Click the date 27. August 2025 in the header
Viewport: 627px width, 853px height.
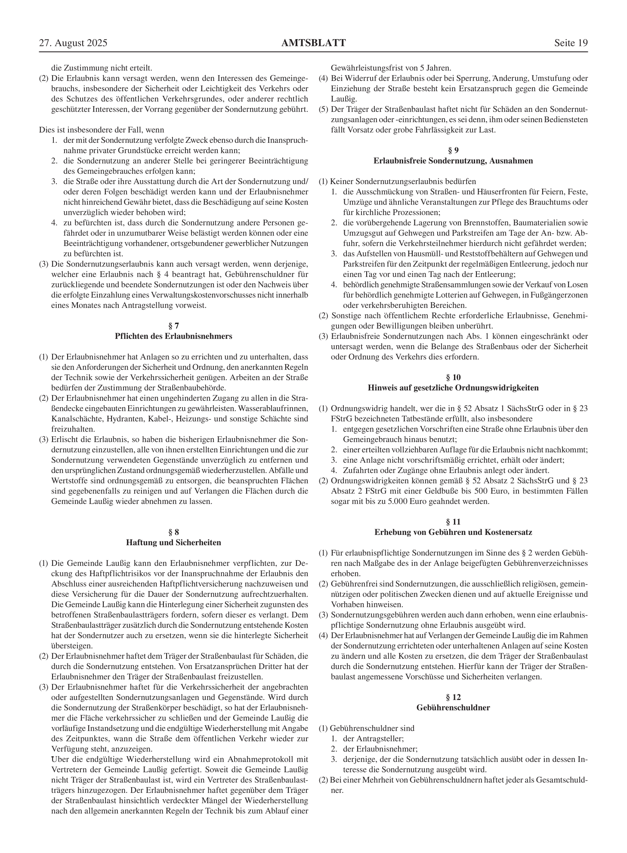[73, 43]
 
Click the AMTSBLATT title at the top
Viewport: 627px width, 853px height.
[313, 43]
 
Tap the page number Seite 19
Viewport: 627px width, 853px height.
[571, 43]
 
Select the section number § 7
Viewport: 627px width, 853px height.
[173, 325]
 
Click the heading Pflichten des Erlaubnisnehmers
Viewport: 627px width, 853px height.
[173, 336]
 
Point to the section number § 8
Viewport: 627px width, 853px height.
[173, 532]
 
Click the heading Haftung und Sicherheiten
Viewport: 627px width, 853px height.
[173, 543]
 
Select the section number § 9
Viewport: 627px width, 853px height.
[453, 150]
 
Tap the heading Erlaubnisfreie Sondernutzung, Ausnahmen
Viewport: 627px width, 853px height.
[453, 161]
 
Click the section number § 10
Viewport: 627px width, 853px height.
[453, 377]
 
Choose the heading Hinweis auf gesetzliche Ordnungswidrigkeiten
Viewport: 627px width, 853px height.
[453, 388]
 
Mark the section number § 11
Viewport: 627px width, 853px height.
[453, 522]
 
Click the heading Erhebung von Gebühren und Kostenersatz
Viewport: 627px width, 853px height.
[453, 532]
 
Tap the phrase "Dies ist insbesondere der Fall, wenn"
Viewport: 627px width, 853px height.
[102, 130]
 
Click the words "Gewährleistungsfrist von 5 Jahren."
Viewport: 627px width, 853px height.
[391, 68]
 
